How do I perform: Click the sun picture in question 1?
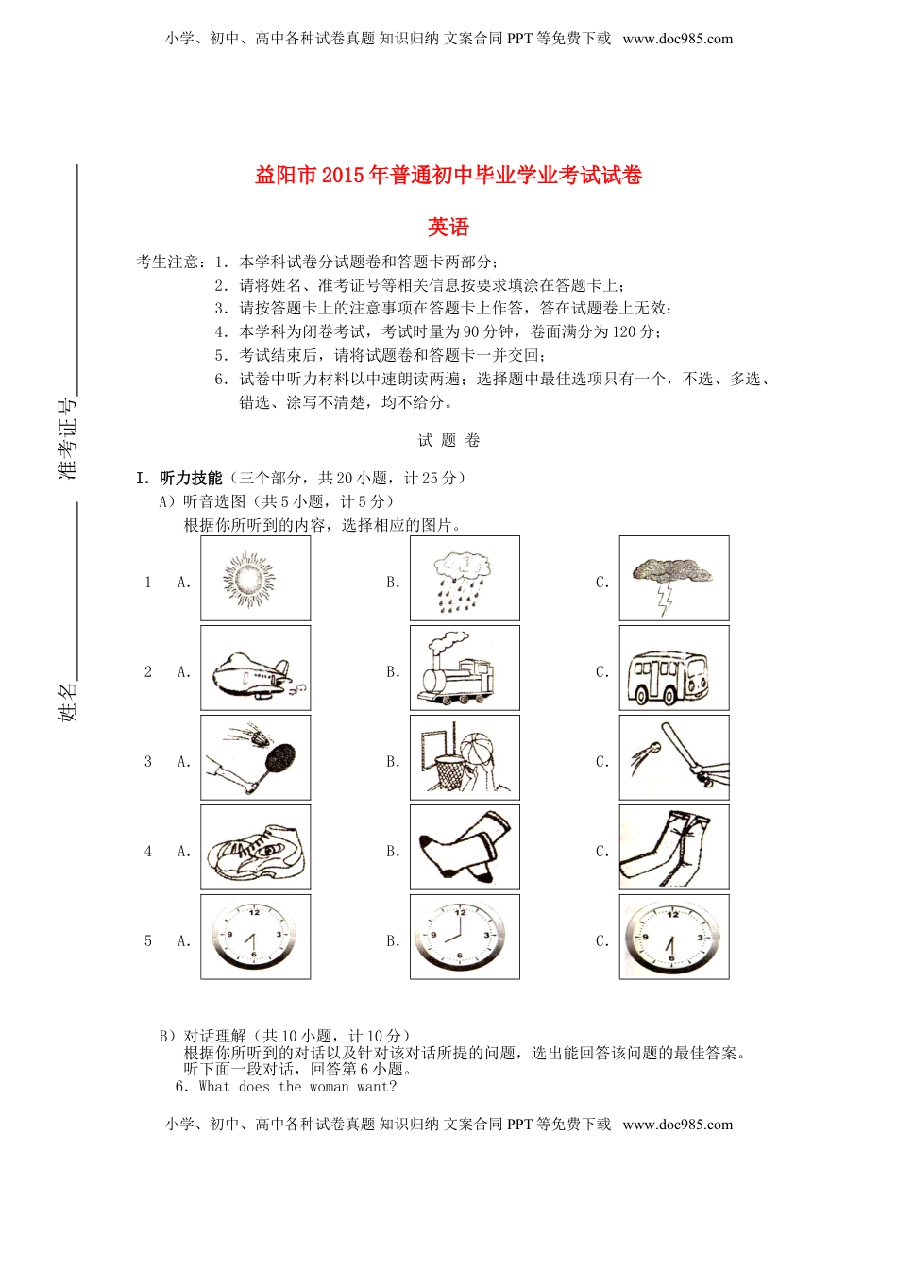255,578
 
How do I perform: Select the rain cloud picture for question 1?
465,578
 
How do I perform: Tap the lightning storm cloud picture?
674,578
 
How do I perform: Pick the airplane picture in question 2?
255,668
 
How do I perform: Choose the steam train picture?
465,668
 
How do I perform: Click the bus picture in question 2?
674,668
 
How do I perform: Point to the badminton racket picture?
255,757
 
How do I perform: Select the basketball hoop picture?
465,757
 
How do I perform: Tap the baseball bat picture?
674,757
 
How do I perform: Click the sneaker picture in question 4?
255,847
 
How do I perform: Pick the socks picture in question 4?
465,847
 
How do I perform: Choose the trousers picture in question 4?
674,847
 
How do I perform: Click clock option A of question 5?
255,937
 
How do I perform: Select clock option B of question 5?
465,937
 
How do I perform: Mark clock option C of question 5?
674,937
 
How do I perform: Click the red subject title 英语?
448,227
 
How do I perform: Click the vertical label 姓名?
68,702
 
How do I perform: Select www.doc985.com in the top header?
678,39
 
